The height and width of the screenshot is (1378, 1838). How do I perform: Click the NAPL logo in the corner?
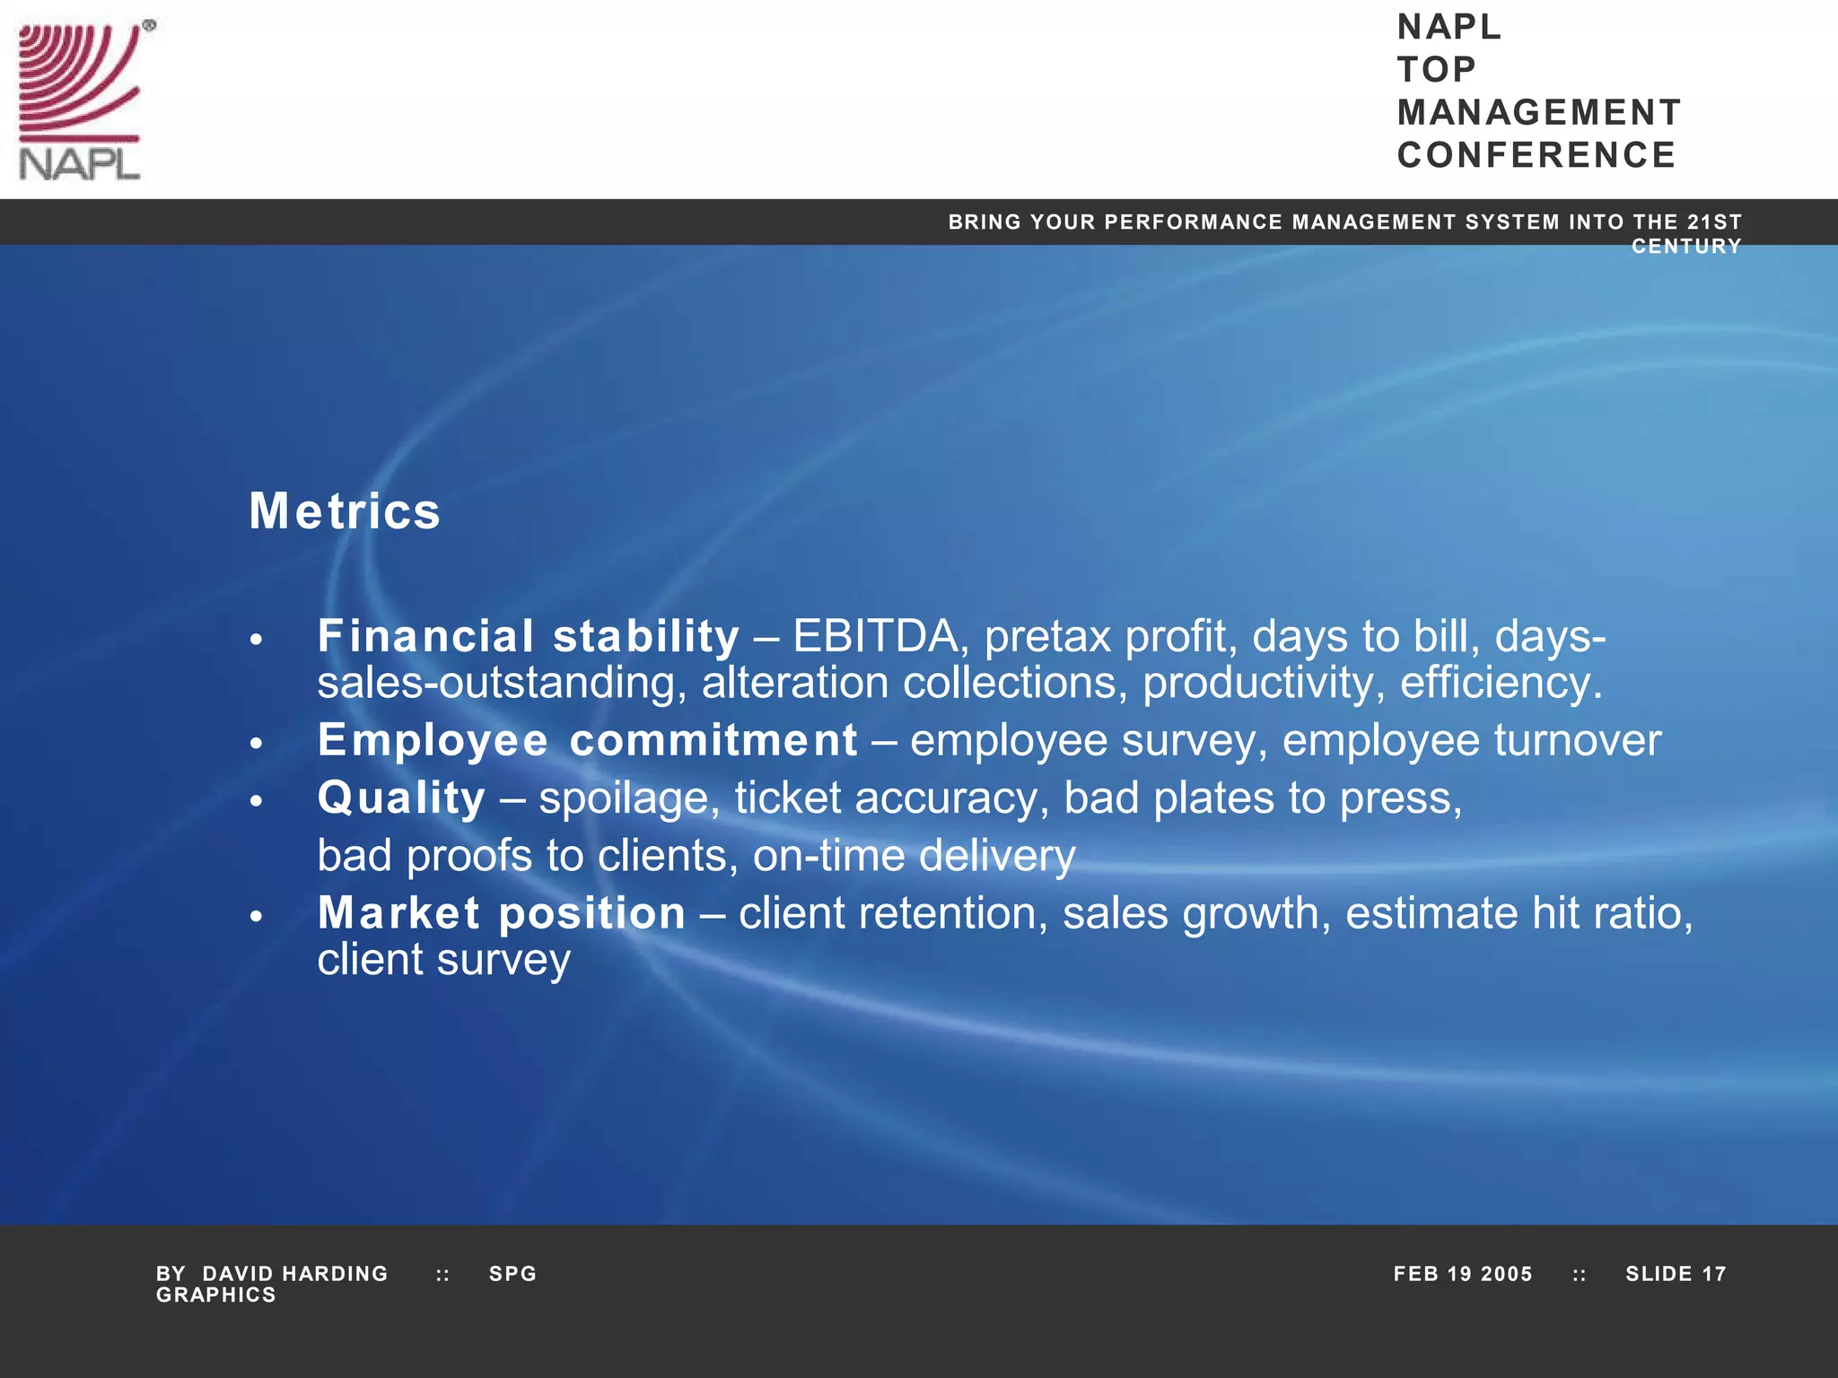coord(81,100)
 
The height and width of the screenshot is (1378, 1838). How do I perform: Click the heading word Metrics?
coord(345,511)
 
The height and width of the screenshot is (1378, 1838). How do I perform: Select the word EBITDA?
coord(874,637)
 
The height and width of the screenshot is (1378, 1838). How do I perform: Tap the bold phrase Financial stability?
coord(528,637)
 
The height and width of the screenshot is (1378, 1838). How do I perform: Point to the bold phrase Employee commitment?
coord(587,741)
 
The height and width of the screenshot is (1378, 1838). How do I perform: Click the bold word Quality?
coord(401,798)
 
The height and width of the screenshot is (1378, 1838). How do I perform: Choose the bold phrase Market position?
coord(502,913)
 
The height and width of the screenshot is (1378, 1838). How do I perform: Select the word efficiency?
coord(1501,684)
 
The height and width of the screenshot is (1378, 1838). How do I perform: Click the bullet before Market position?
coord(257,916)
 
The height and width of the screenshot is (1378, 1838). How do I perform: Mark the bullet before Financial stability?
coord(257,640)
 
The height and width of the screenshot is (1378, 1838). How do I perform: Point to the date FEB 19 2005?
coord(1463,1274)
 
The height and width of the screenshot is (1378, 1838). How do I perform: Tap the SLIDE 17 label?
coord(1676,1274)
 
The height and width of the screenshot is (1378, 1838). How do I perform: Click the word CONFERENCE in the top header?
coord(1536,155)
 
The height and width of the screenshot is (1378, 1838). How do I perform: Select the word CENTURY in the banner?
coord(1686,247)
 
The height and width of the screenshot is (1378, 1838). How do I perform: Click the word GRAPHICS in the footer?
coord(216,1295)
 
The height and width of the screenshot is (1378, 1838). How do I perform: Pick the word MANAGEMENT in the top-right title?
coord(1539,113)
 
